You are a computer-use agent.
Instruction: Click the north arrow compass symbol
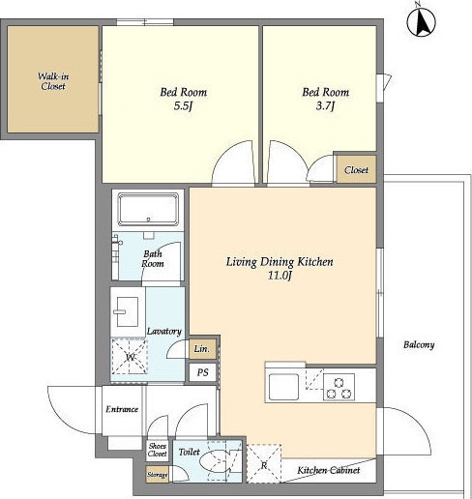tap(421, 22)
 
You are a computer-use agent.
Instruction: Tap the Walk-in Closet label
tap(53, 81)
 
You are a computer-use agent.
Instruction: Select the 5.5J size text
tap(183, 105)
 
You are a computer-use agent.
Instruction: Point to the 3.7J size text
tap(325, 105)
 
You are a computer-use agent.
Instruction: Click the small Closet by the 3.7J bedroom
tap(356, 169)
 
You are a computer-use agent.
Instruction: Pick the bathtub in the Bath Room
tap(148, 209)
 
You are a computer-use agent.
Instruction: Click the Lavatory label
tap(164, 331)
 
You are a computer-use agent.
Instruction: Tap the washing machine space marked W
tap(130, 356)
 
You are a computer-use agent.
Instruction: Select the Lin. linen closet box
tap(202, 348)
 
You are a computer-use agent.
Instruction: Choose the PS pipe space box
tap(202, 372)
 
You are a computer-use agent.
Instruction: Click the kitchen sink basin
tap(283, 387)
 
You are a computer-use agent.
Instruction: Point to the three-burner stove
tap(339, 387)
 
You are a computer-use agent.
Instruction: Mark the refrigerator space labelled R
tap(264, 464)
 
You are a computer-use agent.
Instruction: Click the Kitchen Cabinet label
tap(329, 470)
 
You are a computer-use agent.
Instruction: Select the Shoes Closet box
tap(158, 450)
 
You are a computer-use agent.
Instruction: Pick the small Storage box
tap(158, 475)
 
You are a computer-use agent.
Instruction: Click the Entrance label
tap(122, 409)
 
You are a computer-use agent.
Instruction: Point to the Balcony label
tap(419, 345)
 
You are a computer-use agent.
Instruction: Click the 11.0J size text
tap(280, 276)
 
